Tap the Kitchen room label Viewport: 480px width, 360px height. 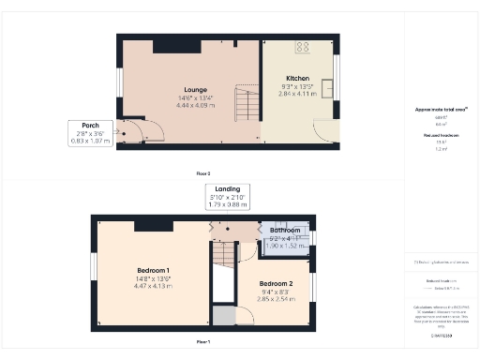point(297,78)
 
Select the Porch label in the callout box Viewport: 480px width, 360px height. point(91,126)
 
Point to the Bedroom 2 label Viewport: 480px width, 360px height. point(277,283)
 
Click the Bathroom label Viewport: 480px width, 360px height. point(285,230)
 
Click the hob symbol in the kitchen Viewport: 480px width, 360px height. point(304,46)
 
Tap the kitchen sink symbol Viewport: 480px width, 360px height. point(325,89)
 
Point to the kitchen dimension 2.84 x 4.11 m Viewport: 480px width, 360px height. point(297,93)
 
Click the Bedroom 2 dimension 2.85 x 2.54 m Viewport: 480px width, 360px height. point(277,298)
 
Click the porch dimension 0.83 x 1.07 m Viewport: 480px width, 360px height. point(91,141)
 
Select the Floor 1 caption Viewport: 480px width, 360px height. point(202,342)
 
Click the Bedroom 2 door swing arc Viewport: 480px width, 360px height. point(244,314)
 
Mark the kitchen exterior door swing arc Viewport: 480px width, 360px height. point(324,133)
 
